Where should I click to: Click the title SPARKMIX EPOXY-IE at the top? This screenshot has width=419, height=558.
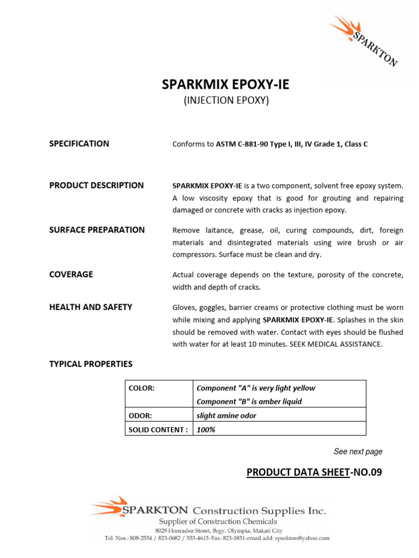(x=226, y=84)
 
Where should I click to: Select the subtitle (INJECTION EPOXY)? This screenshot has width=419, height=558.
(x=226, y=101)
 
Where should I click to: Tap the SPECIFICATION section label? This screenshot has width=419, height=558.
(x=79, y=144)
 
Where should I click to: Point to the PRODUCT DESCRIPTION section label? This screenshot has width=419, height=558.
(x=97, y=185)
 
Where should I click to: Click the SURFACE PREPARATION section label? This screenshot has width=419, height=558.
(x=97, y=230)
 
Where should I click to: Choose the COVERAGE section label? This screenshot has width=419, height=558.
(x=71, y=275)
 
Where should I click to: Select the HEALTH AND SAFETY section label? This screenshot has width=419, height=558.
(x=91, y=307)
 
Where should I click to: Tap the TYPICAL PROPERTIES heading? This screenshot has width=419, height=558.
(x=91, y=364)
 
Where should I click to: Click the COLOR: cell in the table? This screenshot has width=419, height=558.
(x=141, y=389)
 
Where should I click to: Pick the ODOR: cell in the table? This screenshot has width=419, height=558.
(x=140, y=416)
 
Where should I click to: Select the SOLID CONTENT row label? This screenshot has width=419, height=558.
(x=158, y=429)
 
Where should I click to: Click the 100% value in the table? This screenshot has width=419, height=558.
(x=206, y=429)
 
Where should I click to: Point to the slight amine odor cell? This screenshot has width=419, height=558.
(x=226, y=416)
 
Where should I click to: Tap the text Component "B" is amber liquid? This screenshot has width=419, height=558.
(x=249, y=402)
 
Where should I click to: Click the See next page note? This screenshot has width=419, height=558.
(x=358, y=452)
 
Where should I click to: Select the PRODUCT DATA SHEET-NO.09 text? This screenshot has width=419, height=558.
(x=314, y=472)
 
